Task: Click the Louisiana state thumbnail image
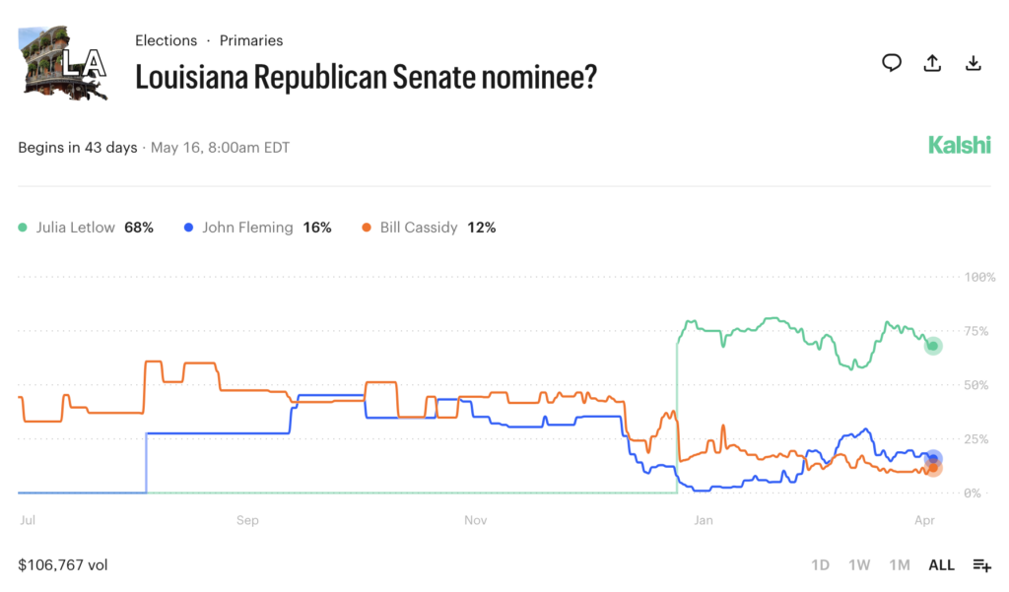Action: pyautogui.click(x=63, y=64)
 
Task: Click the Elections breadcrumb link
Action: pyautogui.click(x=166, y=40)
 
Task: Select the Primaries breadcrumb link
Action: pyautogui.click(x=251, y=40)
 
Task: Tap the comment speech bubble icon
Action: pyautogui.click(x=892, y=64)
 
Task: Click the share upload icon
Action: pyautogui.click(x=932, y=64)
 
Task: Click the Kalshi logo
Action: pyautogui.click(x=959, y=146)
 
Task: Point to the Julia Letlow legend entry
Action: pyautogui.click(x=87, y=228)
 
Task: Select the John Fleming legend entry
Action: pyautogui.click(x=258, y=228)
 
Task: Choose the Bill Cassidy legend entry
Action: pyautogui.click(x=429, y=228)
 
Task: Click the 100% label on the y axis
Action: pyautogui.click(x=979, y=277)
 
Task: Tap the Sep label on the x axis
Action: pyautogui.click(x=247, y=519)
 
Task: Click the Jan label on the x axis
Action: pyautogui.click(x=703, y=519)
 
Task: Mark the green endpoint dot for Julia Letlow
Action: pyautogui.click(x=933, y=346)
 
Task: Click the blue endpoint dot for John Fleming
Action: pyautogui.click(x=933, y=458)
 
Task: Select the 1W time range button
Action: pyautogui.click(x=859, y=565)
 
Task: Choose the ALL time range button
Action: pyautogui.click(x=941, y=565)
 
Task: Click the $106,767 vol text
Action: pyautogui.click(x=63, y=565)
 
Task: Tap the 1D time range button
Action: pyautogui.click(x=820, y=565)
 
